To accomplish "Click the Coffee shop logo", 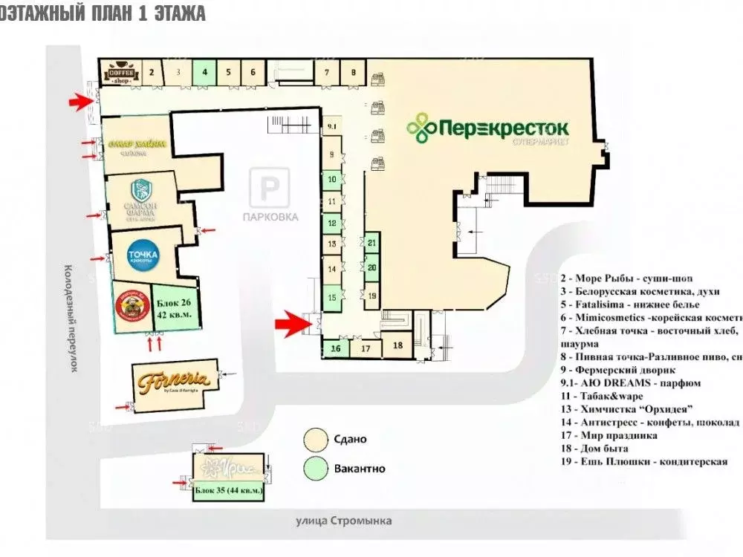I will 120,73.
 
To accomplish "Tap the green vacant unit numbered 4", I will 204,73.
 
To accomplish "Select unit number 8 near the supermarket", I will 354,73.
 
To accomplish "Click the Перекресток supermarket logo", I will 487,128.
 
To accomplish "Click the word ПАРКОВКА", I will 270,217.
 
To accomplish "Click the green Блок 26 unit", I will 175,308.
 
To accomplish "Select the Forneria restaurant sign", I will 175,382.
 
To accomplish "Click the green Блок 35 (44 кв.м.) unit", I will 229,490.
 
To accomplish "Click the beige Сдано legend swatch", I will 316,439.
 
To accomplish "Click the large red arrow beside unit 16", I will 291,322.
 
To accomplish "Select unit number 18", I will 398,345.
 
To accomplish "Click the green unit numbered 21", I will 372,243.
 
